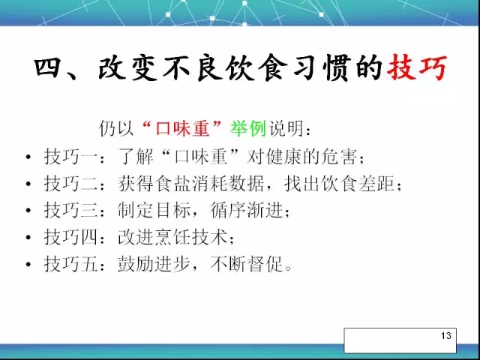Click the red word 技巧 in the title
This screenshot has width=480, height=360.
click(417, 67)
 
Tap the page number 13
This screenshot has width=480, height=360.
click(446, 335)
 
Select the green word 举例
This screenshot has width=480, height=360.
click(248, 128)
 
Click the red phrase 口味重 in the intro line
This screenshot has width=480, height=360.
click(182, 128)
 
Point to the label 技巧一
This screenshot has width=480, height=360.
click(70, 157)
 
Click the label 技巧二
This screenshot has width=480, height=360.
click(70, 184)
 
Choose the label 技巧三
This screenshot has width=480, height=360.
click(70, 210)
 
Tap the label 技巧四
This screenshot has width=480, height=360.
click(70, 237)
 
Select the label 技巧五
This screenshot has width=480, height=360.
click(70, 264)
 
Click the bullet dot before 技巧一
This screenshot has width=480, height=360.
click(28, 157)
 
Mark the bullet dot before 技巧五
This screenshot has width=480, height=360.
click(28, 265)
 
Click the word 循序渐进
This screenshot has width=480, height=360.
click(247, 210)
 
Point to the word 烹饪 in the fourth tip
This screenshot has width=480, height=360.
click(172, 237)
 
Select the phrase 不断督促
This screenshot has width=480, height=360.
click(247, 264)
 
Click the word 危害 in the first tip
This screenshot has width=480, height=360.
click(339, 157)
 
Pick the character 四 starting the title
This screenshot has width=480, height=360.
click(46, 67)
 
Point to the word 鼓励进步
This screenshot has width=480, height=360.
click(154, 264)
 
